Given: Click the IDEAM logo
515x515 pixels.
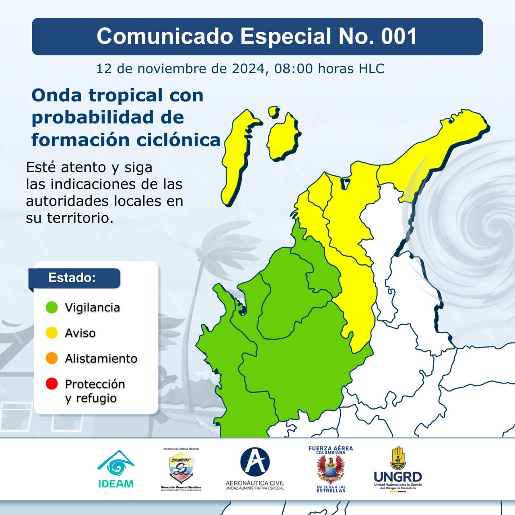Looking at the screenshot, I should point(116,469).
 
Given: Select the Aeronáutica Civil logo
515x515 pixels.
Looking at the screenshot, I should point(255,469).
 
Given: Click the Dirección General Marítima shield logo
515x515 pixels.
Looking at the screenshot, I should point(181,469).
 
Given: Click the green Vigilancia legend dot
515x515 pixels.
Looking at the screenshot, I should point(51,307).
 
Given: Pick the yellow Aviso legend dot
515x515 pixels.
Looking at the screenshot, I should point(51,333).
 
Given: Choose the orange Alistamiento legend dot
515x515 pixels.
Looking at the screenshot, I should point(51,358).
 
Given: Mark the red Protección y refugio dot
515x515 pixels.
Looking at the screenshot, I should point(51,384).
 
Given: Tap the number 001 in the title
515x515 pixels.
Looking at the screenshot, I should point(399,36).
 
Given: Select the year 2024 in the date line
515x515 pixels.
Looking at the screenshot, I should point(247,68).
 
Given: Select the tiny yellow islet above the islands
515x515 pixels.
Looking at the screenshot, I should point(274,111).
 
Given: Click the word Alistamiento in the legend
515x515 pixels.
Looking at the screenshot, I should point(101,358).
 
